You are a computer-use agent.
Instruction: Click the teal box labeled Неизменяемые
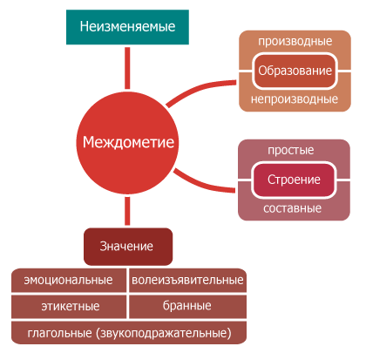(127, 27)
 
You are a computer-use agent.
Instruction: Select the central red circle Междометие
(127, 143)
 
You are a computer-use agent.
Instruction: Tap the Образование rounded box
(295, 71)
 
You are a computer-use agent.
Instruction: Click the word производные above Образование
(295, 41)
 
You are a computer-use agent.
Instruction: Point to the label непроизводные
(295, 99)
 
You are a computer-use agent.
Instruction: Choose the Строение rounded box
(294, 180)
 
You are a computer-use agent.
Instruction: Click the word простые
(291, 151)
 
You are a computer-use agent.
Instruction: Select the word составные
(293, 208)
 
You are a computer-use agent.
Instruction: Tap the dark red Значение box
(128, 247)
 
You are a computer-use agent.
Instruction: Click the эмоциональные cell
(69, 280)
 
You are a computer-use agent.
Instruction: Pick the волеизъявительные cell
(187, 280)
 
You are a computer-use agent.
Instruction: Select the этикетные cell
(69, 307)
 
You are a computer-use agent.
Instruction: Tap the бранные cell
(187, 307)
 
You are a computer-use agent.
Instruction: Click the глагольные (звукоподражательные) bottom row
(129, 333)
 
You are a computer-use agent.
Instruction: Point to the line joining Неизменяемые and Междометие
(127, 68)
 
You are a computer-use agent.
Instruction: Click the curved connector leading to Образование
(198, 90)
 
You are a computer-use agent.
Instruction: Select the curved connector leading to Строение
(200, 184)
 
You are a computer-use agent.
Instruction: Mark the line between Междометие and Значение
(127, 211)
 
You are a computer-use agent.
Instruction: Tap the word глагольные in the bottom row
(59, 333)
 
